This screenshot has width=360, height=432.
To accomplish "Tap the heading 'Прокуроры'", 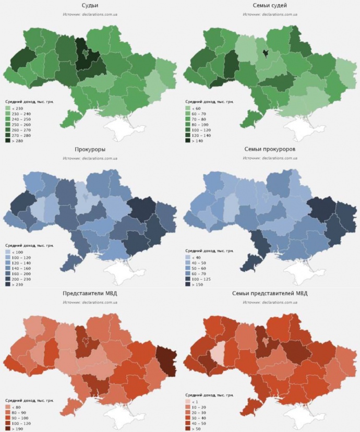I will coord(90,149).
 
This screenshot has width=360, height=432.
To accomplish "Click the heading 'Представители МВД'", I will coord(90,294).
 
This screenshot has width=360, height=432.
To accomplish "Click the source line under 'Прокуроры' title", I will coord(90,158).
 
